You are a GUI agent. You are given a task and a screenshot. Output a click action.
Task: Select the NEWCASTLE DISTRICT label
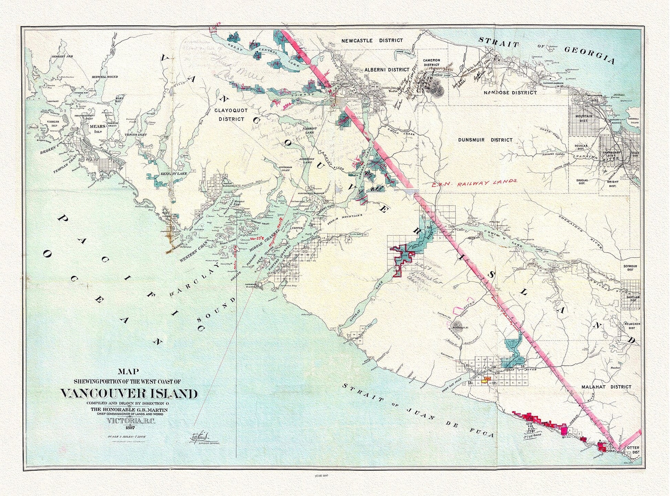[372, 41]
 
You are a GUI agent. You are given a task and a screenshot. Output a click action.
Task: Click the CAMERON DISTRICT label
[431, 62]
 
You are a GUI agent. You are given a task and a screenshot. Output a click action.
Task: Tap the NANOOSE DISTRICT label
[510, 93]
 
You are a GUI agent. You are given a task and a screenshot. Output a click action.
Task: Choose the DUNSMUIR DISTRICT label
[485, 140]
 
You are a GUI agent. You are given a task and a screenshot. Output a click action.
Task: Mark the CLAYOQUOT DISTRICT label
[229, 115]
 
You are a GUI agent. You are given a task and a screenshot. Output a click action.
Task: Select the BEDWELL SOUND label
[105, 77]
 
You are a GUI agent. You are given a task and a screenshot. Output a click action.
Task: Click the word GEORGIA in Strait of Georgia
[589, 55]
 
